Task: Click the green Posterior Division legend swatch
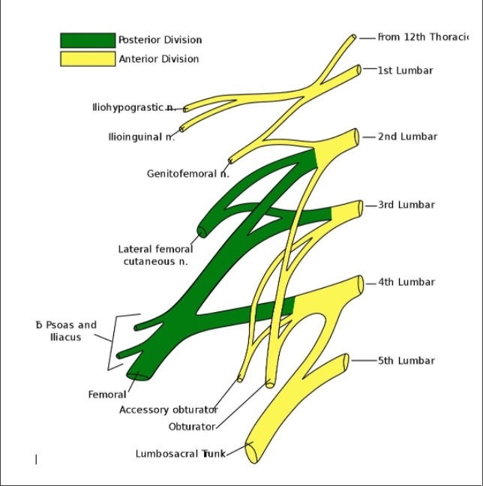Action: click(88, 40)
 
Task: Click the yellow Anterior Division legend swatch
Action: click(88, 58)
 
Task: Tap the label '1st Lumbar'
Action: click(405, 70)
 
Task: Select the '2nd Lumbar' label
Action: click(407, 136)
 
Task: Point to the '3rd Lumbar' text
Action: click(406, 205)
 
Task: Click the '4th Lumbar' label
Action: click(406, 283)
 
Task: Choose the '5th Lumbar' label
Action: click(406, 361)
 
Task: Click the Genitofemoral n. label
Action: click(187, 174)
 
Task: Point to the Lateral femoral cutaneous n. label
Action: click(155, 255)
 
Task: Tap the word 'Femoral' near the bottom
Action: click(107, 394)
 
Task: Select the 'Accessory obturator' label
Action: click(169, 409)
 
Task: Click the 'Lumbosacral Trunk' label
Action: click(181, 454)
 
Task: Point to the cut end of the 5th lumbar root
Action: click(346, 361)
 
